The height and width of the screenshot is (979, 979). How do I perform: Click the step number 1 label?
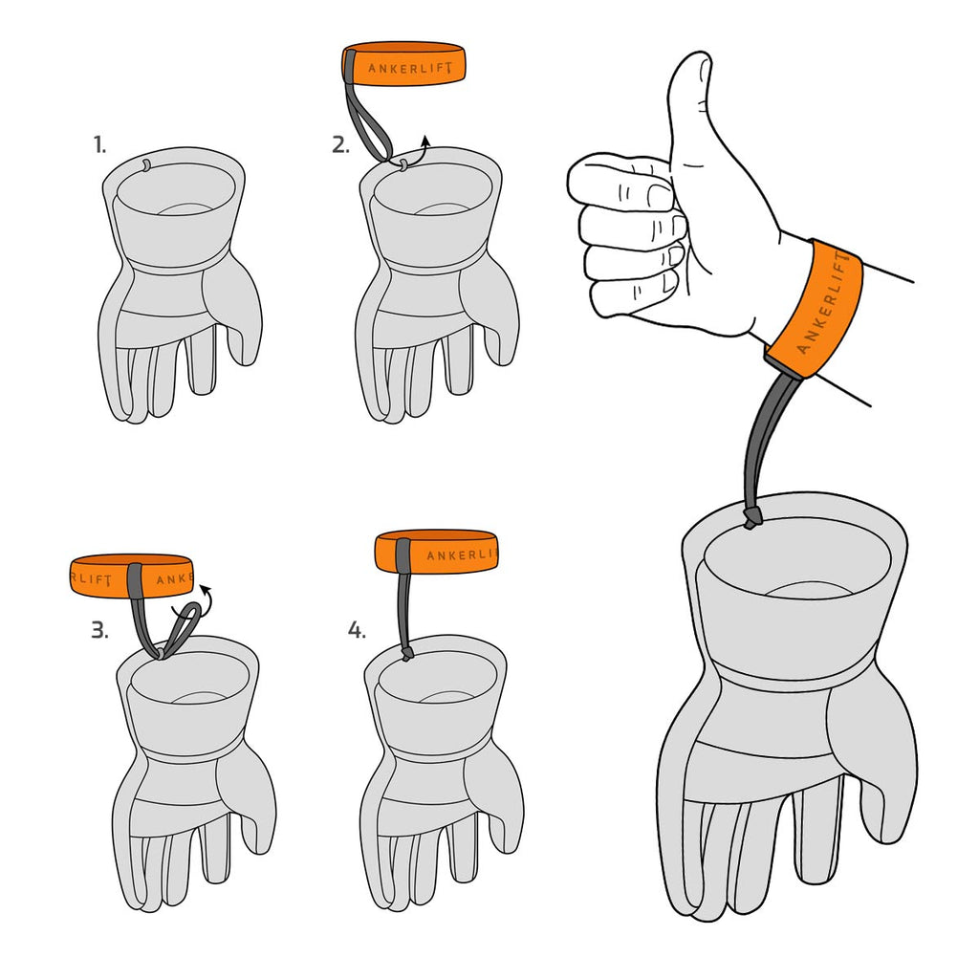pos(99,145)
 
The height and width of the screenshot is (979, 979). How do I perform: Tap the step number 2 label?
pos(340,145)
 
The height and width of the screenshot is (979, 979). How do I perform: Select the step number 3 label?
pos(99,631)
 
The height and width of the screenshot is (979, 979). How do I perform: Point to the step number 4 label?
pos(357,631)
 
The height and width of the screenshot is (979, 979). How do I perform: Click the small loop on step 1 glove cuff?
pos(145,164)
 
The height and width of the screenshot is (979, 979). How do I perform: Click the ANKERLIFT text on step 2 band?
pos(409,68)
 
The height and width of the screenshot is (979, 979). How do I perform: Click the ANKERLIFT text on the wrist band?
pos(823,302)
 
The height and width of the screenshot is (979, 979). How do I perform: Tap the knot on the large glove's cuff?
pos(751,517)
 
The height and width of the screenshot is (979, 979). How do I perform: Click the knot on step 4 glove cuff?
pos(406,654)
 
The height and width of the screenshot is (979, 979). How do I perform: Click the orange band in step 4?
pos(436,552)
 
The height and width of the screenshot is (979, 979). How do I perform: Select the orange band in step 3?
pos(130,575)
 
